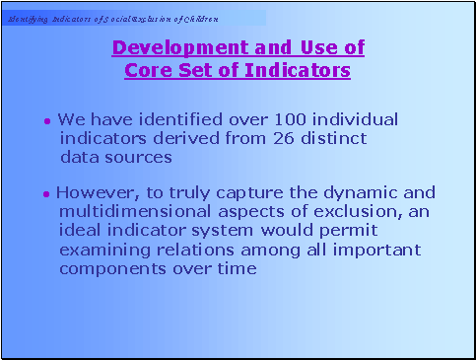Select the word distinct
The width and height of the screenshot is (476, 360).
click(x=335, y=138)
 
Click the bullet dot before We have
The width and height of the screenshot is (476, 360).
click(x=47, y=121)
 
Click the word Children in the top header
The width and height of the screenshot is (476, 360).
click(x=199, y=19)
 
